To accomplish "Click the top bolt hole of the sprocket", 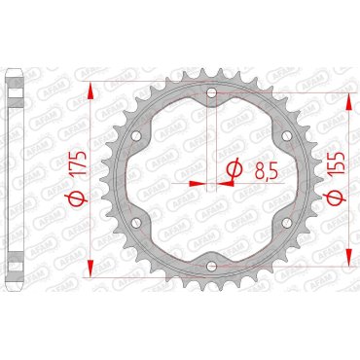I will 211,93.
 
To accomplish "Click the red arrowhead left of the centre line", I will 197,181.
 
